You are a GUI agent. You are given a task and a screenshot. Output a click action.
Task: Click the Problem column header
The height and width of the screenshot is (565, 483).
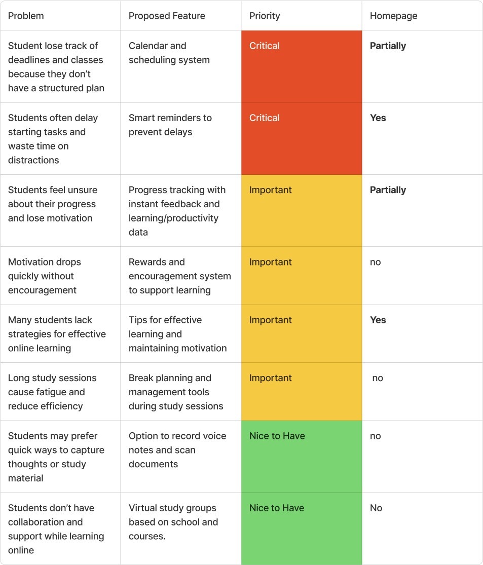pos(26,16)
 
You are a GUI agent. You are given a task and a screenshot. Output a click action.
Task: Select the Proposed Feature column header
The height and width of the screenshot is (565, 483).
pos(167,16)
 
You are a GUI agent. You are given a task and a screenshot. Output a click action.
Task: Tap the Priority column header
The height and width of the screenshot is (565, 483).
pos(265,16)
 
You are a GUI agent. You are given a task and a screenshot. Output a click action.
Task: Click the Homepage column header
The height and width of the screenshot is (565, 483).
pos(393,16)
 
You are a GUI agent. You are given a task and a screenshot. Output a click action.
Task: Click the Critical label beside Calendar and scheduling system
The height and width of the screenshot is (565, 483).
pos(264,46)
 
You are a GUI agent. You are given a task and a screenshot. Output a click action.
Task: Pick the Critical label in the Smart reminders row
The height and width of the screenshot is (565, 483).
pos(264,118)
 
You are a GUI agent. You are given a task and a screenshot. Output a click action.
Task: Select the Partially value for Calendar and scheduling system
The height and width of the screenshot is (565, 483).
pos(388,46)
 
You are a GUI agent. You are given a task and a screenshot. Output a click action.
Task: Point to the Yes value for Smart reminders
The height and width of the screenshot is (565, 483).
pos(378,118)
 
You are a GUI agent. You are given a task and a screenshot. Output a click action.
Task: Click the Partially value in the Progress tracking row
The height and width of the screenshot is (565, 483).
pos(388,190)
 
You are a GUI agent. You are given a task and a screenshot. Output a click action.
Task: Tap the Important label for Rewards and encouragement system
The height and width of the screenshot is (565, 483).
pos(270,262)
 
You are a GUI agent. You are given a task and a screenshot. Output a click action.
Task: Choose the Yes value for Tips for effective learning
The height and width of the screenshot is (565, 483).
pos(378,320)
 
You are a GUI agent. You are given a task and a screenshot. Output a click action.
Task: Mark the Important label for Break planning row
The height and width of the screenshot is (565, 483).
pos(270,378)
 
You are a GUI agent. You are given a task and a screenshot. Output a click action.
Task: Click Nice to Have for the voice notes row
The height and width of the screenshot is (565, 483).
pos(277,436)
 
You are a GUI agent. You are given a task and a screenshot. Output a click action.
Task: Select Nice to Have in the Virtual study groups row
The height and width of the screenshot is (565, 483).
pos(277,508)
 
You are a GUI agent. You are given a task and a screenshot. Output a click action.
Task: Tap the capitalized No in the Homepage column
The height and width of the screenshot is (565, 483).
pos(376,508)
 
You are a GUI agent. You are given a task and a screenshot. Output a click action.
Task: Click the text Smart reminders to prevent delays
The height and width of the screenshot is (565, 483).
pos(170,125)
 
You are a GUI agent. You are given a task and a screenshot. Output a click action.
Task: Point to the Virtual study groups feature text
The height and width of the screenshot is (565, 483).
pos(173,522)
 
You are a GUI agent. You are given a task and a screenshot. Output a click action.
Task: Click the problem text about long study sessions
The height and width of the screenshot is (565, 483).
pos(52,392)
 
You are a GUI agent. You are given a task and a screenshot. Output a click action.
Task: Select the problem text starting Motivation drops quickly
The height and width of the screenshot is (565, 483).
pos(44,276)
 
